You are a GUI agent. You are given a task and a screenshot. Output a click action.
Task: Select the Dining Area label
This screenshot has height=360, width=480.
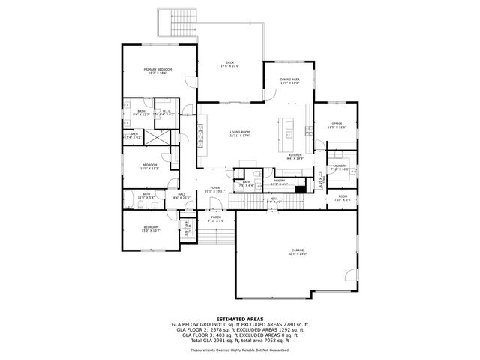[290, 81]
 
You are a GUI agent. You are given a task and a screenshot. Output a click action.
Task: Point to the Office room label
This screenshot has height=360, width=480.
[337, 125]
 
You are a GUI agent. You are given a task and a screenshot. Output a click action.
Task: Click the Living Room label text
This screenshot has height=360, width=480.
[240, 133]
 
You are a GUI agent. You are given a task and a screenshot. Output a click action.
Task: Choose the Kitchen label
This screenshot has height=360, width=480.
[295, 156]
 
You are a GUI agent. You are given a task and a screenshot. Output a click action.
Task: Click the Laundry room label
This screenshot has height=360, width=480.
[340, 167]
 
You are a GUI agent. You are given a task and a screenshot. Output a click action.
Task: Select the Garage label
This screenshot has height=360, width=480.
[298, 251]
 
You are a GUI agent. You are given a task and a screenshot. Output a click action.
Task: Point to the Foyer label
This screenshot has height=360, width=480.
[215, 190]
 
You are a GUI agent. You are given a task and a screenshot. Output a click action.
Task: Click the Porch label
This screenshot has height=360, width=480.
[215, 220]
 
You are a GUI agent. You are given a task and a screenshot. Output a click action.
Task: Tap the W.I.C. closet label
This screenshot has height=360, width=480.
[167, 113]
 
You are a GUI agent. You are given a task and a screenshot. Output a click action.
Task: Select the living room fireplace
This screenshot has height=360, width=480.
[199, 136]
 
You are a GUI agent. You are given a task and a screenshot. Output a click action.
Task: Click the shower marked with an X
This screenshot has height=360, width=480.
[157, 137]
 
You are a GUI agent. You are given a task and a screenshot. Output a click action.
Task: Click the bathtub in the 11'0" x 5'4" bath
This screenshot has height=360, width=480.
[131, 199]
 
